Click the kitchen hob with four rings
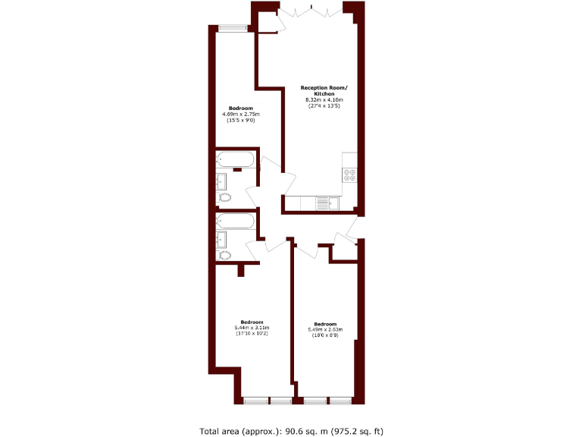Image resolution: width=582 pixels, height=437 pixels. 350,176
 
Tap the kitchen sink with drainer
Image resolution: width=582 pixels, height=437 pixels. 326,203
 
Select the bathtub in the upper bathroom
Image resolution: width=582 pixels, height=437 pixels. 235,159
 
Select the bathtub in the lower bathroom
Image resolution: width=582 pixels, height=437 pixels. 235,221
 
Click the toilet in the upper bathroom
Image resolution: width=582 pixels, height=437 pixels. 225,198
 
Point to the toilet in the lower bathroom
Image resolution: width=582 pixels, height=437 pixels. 225,255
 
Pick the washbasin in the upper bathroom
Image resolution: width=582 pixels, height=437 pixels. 222,181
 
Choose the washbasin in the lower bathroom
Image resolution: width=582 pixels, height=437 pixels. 222,239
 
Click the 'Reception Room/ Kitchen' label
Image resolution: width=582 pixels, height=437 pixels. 324,90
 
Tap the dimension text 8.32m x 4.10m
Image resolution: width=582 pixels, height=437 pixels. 324,100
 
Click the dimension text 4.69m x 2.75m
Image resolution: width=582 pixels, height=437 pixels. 241,115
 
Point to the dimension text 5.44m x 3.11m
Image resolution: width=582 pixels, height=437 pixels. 252,328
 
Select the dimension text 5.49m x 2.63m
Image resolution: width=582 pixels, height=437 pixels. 325,329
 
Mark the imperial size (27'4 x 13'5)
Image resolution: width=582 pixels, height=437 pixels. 324,106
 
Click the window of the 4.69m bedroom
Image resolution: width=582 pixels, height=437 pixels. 233,29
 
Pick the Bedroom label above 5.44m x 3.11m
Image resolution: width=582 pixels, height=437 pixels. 252,322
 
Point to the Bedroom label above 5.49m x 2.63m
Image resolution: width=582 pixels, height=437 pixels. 325,323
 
